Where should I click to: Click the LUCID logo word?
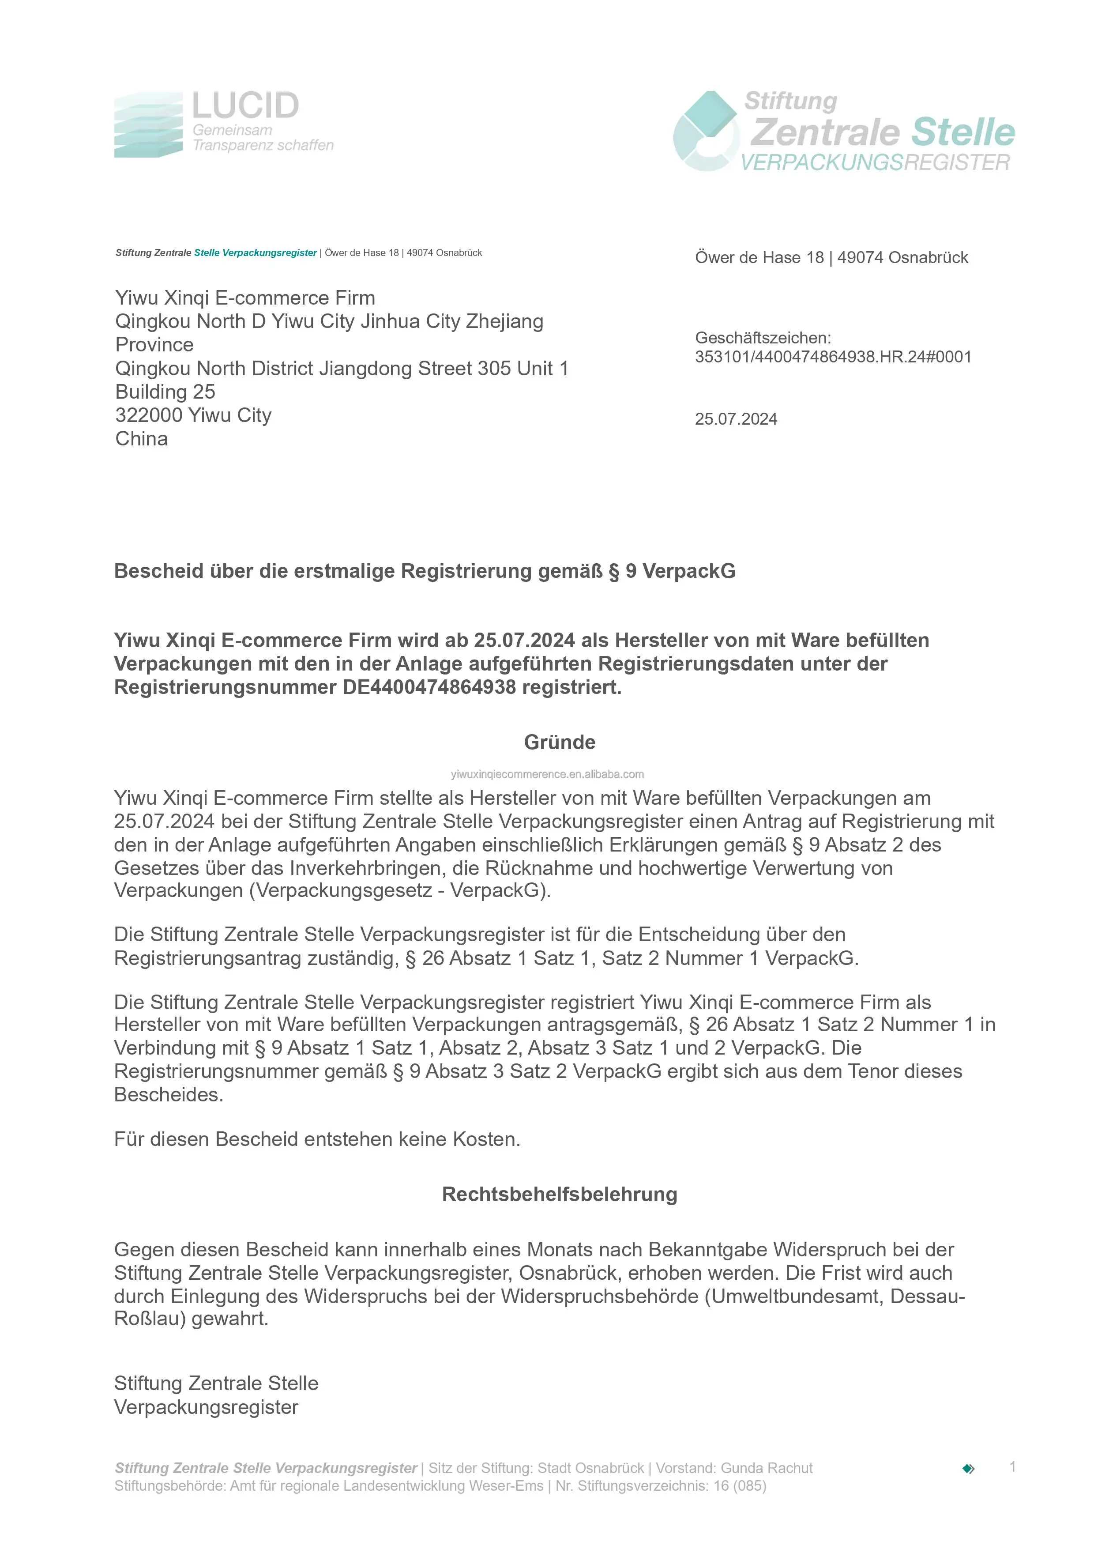coord(245,106)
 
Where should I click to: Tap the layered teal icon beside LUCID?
coord(148,125)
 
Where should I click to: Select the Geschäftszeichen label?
coord(763,338)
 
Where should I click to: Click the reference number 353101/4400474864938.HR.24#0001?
coord(833,357)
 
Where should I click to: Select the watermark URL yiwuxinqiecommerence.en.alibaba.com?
coord(547,774)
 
